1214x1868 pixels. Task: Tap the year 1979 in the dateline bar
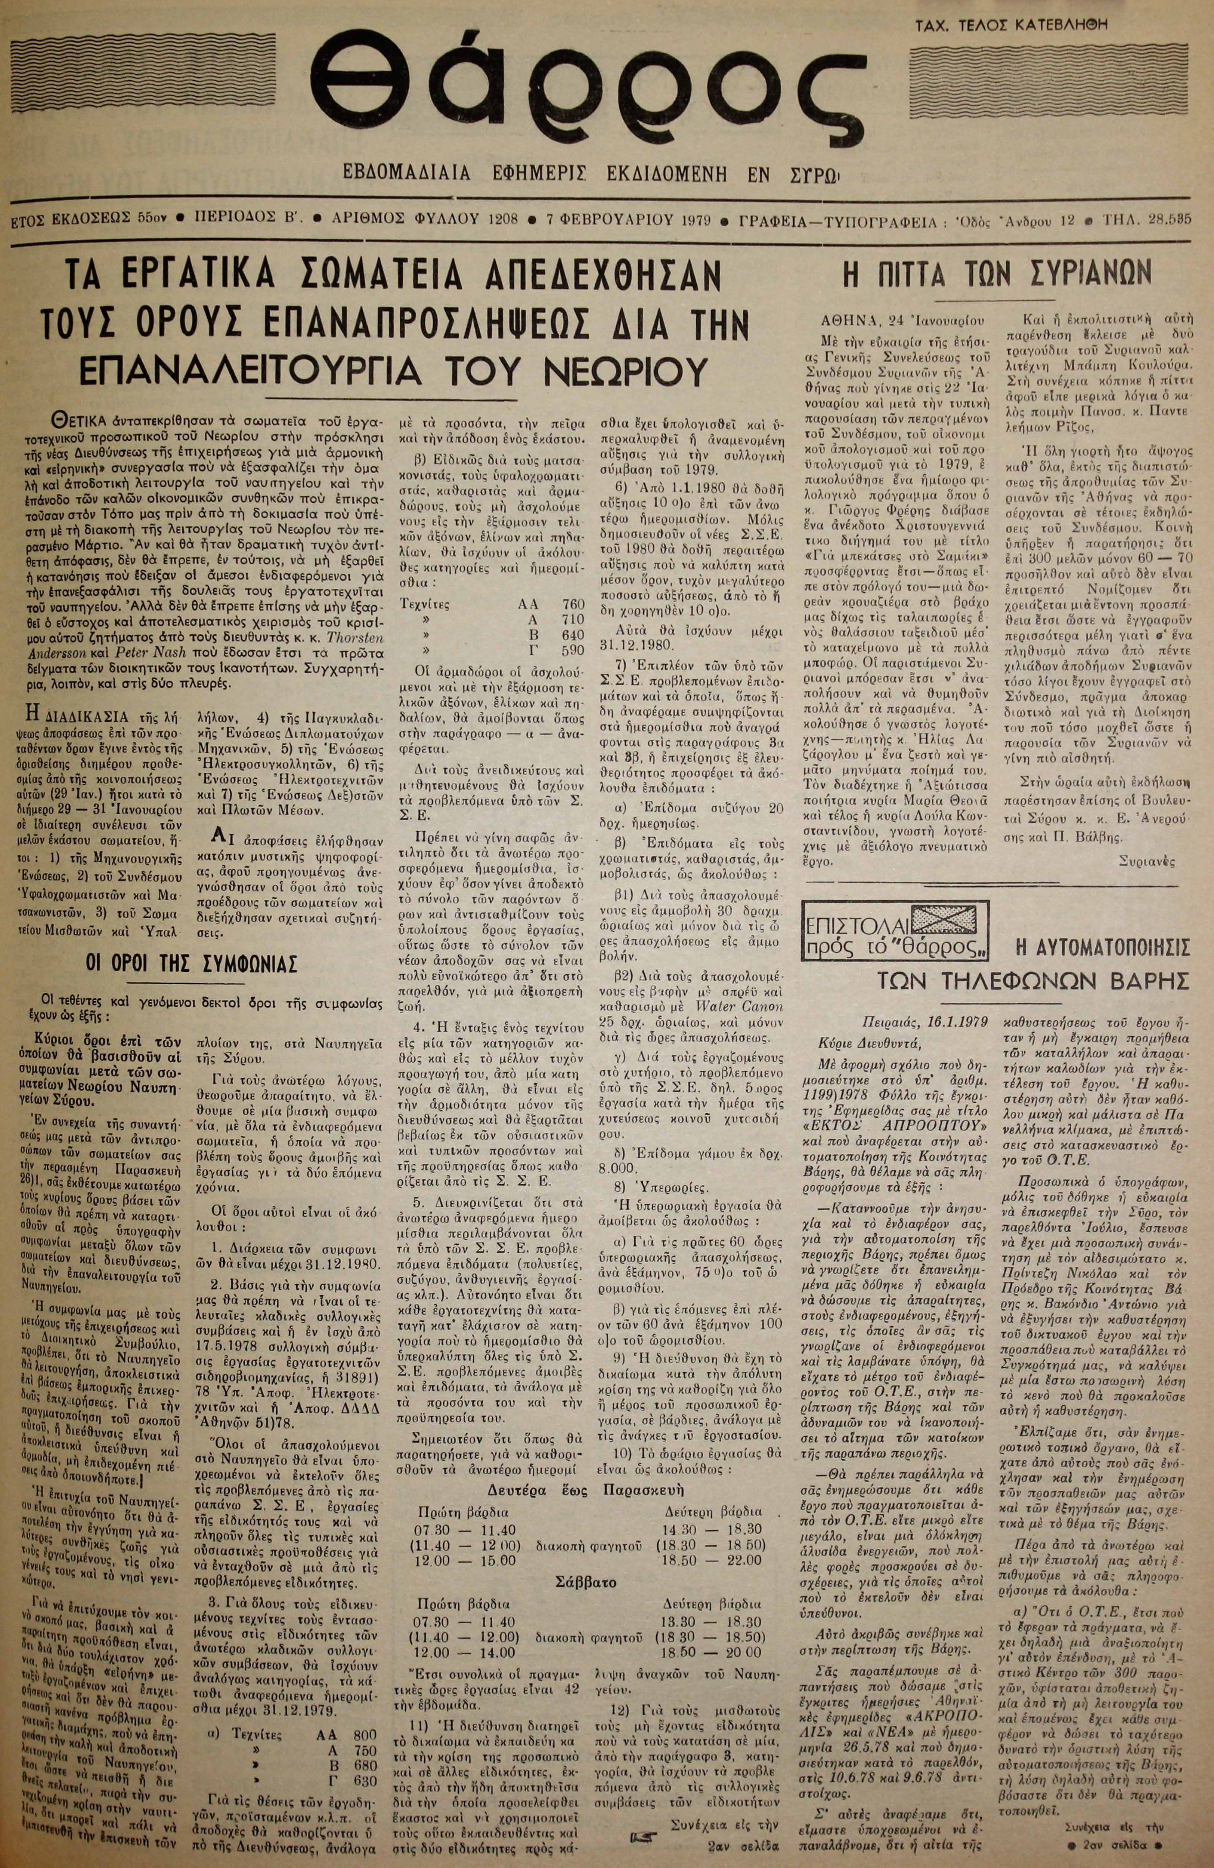tap(693, 219)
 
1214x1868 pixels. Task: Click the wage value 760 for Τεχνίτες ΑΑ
tap(573, 583)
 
